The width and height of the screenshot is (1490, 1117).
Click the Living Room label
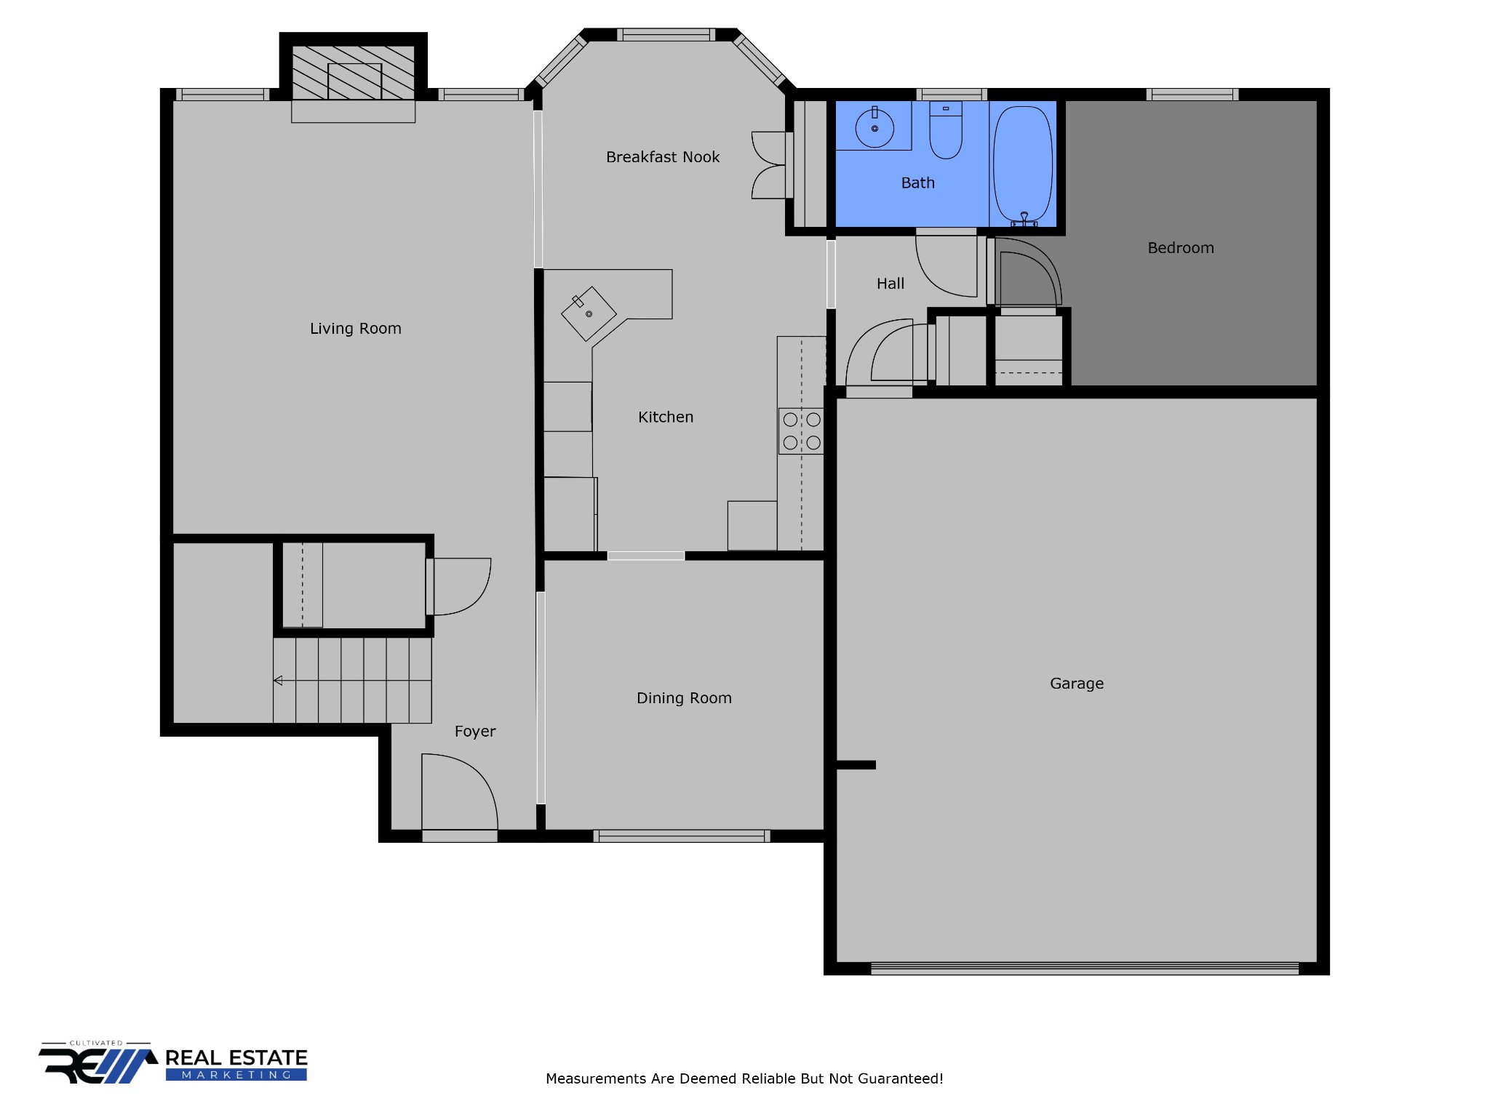(355, 329)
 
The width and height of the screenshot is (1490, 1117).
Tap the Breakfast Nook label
(663, 157)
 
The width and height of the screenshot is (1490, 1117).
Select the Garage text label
(1077, 684)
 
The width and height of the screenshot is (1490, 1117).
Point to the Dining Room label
(684, 698)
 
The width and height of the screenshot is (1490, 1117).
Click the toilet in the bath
(946, 130)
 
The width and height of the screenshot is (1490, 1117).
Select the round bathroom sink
(875, 128)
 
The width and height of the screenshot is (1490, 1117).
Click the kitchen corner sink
(589, 313)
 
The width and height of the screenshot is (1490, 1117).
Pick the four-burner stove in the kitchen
(801, 431)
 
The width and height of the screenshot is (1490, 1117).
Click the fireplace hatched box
(354, 73)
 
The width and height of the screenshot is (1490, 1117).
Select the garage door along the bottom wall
(1085, 969)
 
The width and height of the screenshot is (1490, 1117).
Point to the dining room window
(682, 836)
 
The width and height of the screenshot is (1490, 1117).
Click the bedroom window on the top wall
(1192, 95)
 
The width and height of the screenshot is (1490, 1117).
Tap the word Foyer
(475, 732)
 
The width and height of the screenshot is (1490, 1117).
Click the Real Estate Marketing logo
(173, 1063)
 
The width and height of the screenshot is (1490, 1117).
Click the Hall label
(891, 284)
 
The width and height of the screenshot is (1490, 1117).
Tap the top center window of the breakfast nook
(666, 35)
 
